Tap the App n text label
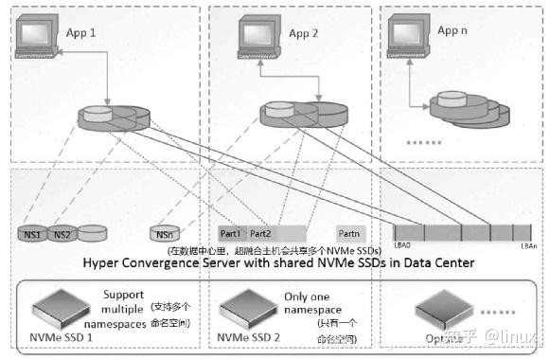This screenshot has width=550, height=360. [x=453, y=29]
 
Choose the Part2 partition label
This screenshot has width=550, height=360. [x=260, y=232]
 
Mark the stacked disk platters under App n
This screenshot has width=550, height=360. [x=463, y=109]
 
